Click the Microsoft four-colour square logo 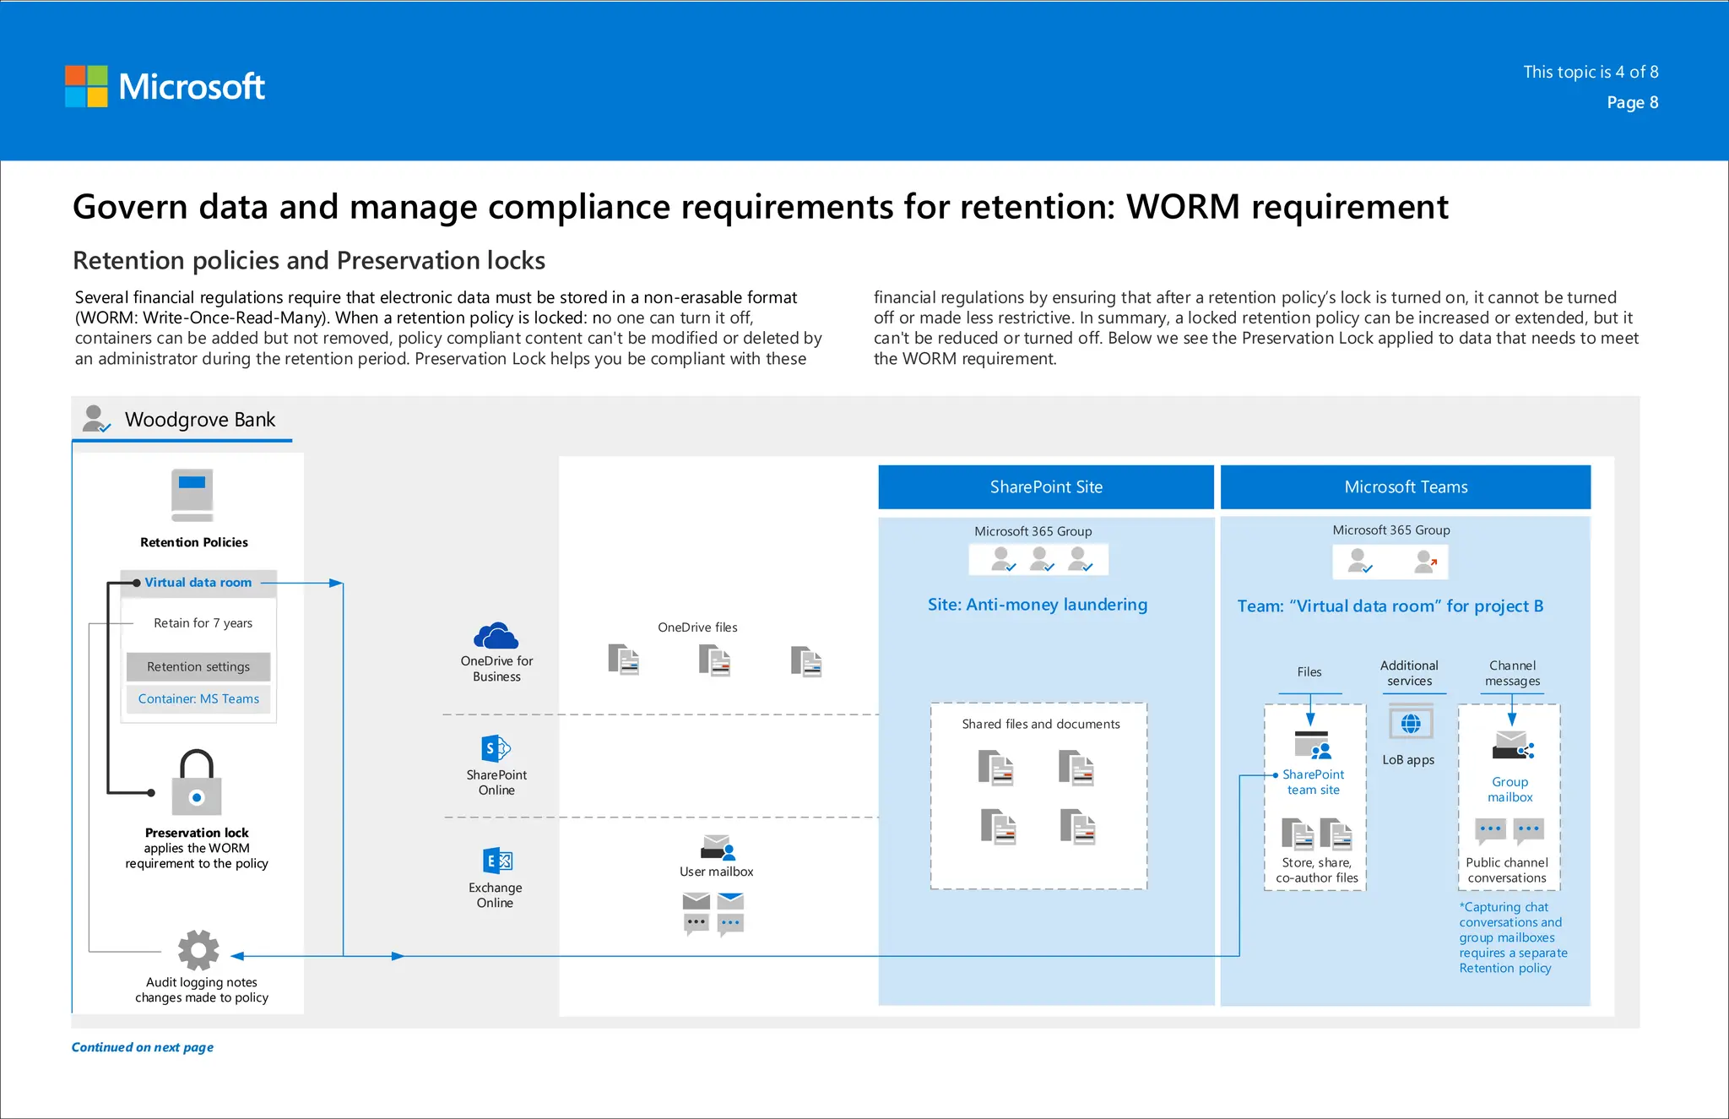click(x=86, y=86)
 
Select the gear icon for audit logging click(x=198, y=950)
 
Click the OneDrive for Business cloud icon click(x=496, y=635)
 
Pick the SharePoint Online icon click(x=496, y=748)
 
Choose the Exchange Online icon click(x=497, y=861)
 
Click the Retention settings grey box click(x=198, y=666)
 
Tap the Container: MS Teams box click(x=198, y=698)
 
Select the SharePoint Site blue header click(x=1046, y=487)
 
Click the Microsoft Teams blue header click(x=1406, y=487)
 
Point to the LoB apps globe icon click(x=1411, y=724)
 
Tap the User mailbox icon click(x=718, y=846)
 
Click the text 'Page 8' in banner click(x=1632, y=102)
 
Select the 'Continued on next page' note click(x=143, y=1047)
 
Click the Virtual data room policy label click(x=198, y=583)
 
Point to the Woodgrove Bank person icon click(x=95, y=418)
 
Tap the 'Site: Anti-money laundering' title click(x=1038, y=605)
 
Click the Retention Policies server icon click(x=192, y=494)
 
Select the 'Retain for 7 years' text click(x=203, y=623)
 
